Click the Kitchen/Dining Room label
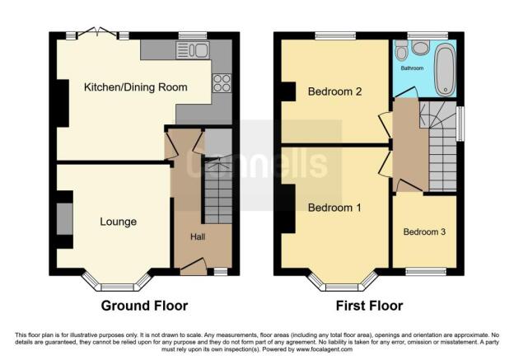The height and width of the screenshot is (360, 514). [x=135, y=87]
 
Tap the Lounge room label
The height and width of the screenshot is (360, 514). [x=119, y=222]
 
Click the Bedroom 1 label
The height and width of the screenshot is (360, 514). [x=334, y=208]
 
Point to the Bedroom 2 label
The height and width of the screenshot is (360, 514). [x=335, y=91]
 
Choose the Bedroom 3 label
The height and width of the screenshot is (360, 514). [x=424, y=232]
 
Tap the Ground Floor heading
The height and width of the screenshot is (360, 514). [x=144, y=306]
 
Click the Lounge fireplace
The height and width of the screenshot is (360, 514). [x=65, y=218]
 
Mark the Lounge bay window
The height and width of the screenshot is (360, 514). [x=119, y=284]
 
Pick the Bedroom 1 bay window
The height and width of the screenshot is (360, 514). [x=343, y=284]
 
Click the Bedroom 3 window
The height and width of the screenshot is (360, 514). [x=424, y=271]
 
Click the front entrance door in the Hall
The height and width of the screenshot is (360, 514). [x=194, y=265]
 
